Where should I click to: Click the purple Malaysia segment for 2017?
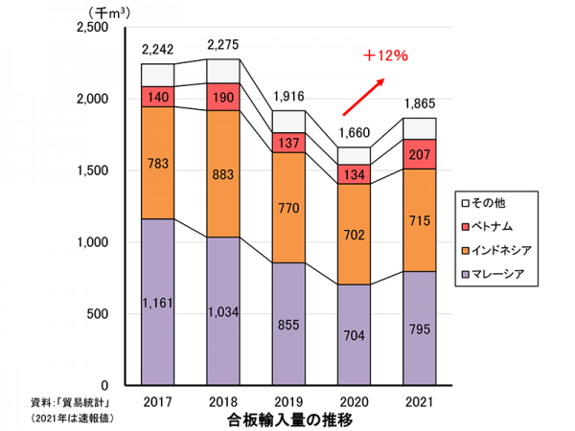(x=157, y=301)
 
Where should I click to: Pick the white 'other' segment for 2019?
(x=289, y=121)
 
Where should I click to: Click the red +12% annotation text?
(x=385, y=56)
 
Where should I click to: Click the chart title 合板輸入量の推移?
(x=288, y=419)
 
